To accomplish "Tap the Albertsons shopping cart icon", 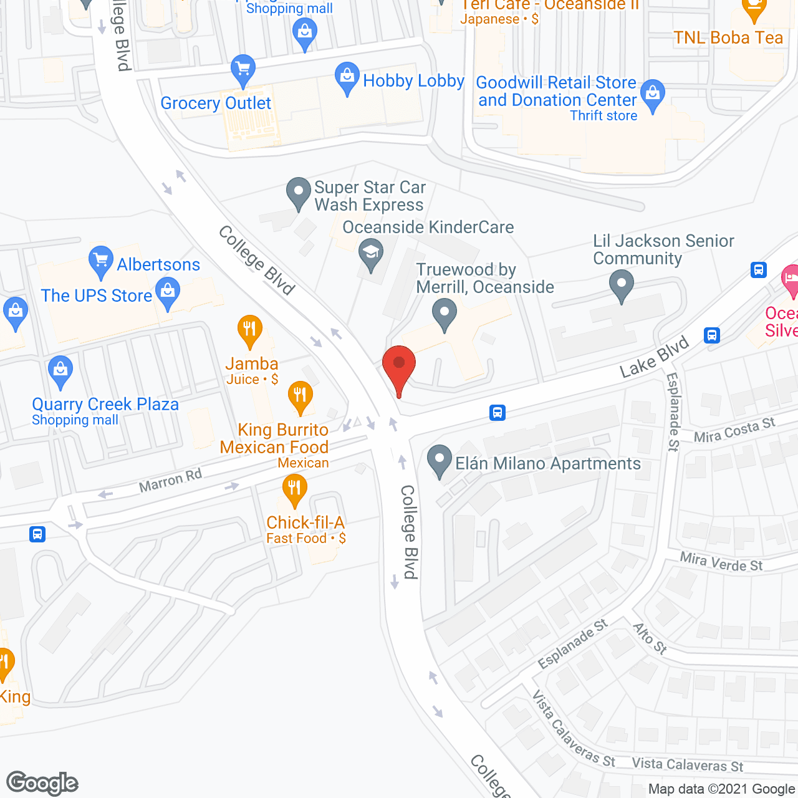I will [x=100, y=262].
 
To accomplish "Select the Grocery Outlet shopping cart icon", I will [x=243, y=70].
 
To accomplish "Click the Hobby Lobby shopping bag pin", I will [x=347, y=78].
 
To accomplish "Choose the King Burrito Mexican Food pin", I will [x=300, y=397].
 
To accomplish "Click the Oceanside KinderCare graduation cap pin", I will [x=371, y=254].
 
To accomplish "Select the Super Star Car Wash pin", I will [x=299, y=193].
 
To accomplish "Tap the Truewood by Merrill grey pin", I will [x=444, y=314].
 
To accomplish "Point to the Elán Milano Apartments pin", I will [x=440, y=462].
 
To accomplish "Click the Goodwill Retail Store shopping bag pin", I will [x=653, y=95].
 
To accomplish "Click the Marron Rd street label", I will [x=170, y=480].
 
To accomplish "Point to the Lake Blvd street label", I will [x=654, y=357].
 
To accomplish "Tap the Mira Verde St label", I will [x=721, y=562].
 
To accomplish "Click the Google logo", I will [x=42, y=783].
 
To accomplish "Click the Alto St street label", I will [x=650, y=638].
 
